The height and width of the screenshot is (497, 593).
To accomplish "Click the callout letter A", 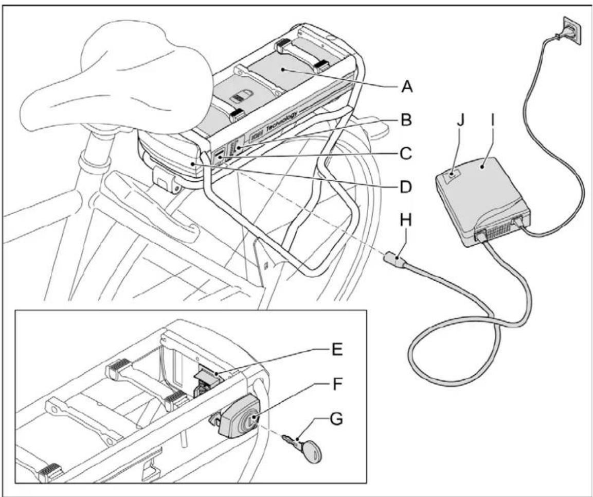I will click(407, 87).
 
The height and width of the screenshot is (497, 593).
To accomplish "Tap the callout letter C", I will click(406, 153).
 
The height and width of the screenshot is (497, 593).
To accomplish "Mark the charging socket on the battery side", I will click(218, 155).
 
